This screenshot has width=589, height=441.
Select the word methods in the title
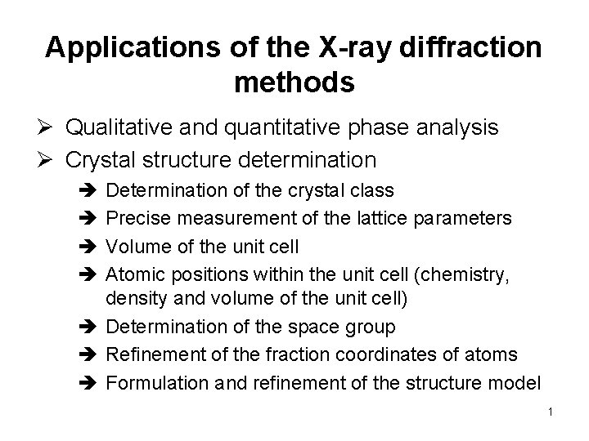294,82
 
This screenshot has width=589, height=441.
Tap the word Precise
137,218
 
